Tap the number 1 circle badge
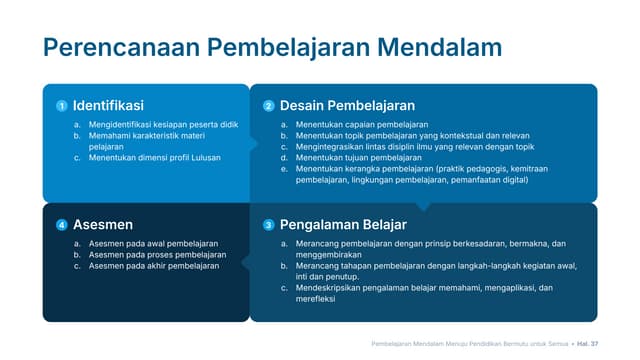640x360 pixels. click(x=61, y=106)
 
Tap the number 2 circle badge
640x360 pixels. click(x=268, y=106)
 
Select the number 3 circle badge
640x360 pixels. click(x=268, y=225)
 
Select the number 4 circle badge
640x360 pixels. click(x=61, y=225)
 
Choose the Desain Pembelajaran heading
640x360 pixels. click(x=347, y=105)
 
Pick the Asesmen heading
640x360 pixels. click(x=103, y=225)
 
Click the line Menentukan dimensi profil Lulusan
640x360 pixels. click(x=154, y=157)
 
